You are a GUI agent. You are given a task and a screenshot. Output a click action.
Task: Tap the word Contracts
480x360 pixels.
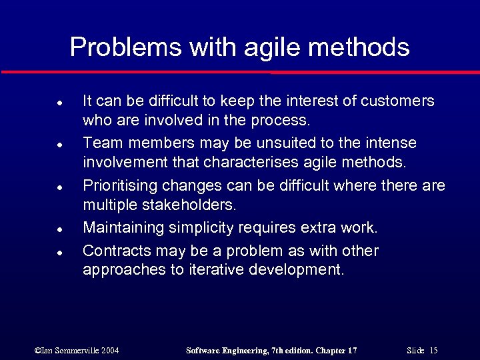coord(113,251)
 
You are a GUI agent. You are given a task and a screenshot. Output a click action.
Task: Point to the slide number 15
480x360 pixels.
coord(433,351)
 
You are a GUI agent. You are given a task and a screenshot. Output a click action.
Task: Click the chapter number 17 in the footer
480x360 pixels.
coord(352,351)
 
